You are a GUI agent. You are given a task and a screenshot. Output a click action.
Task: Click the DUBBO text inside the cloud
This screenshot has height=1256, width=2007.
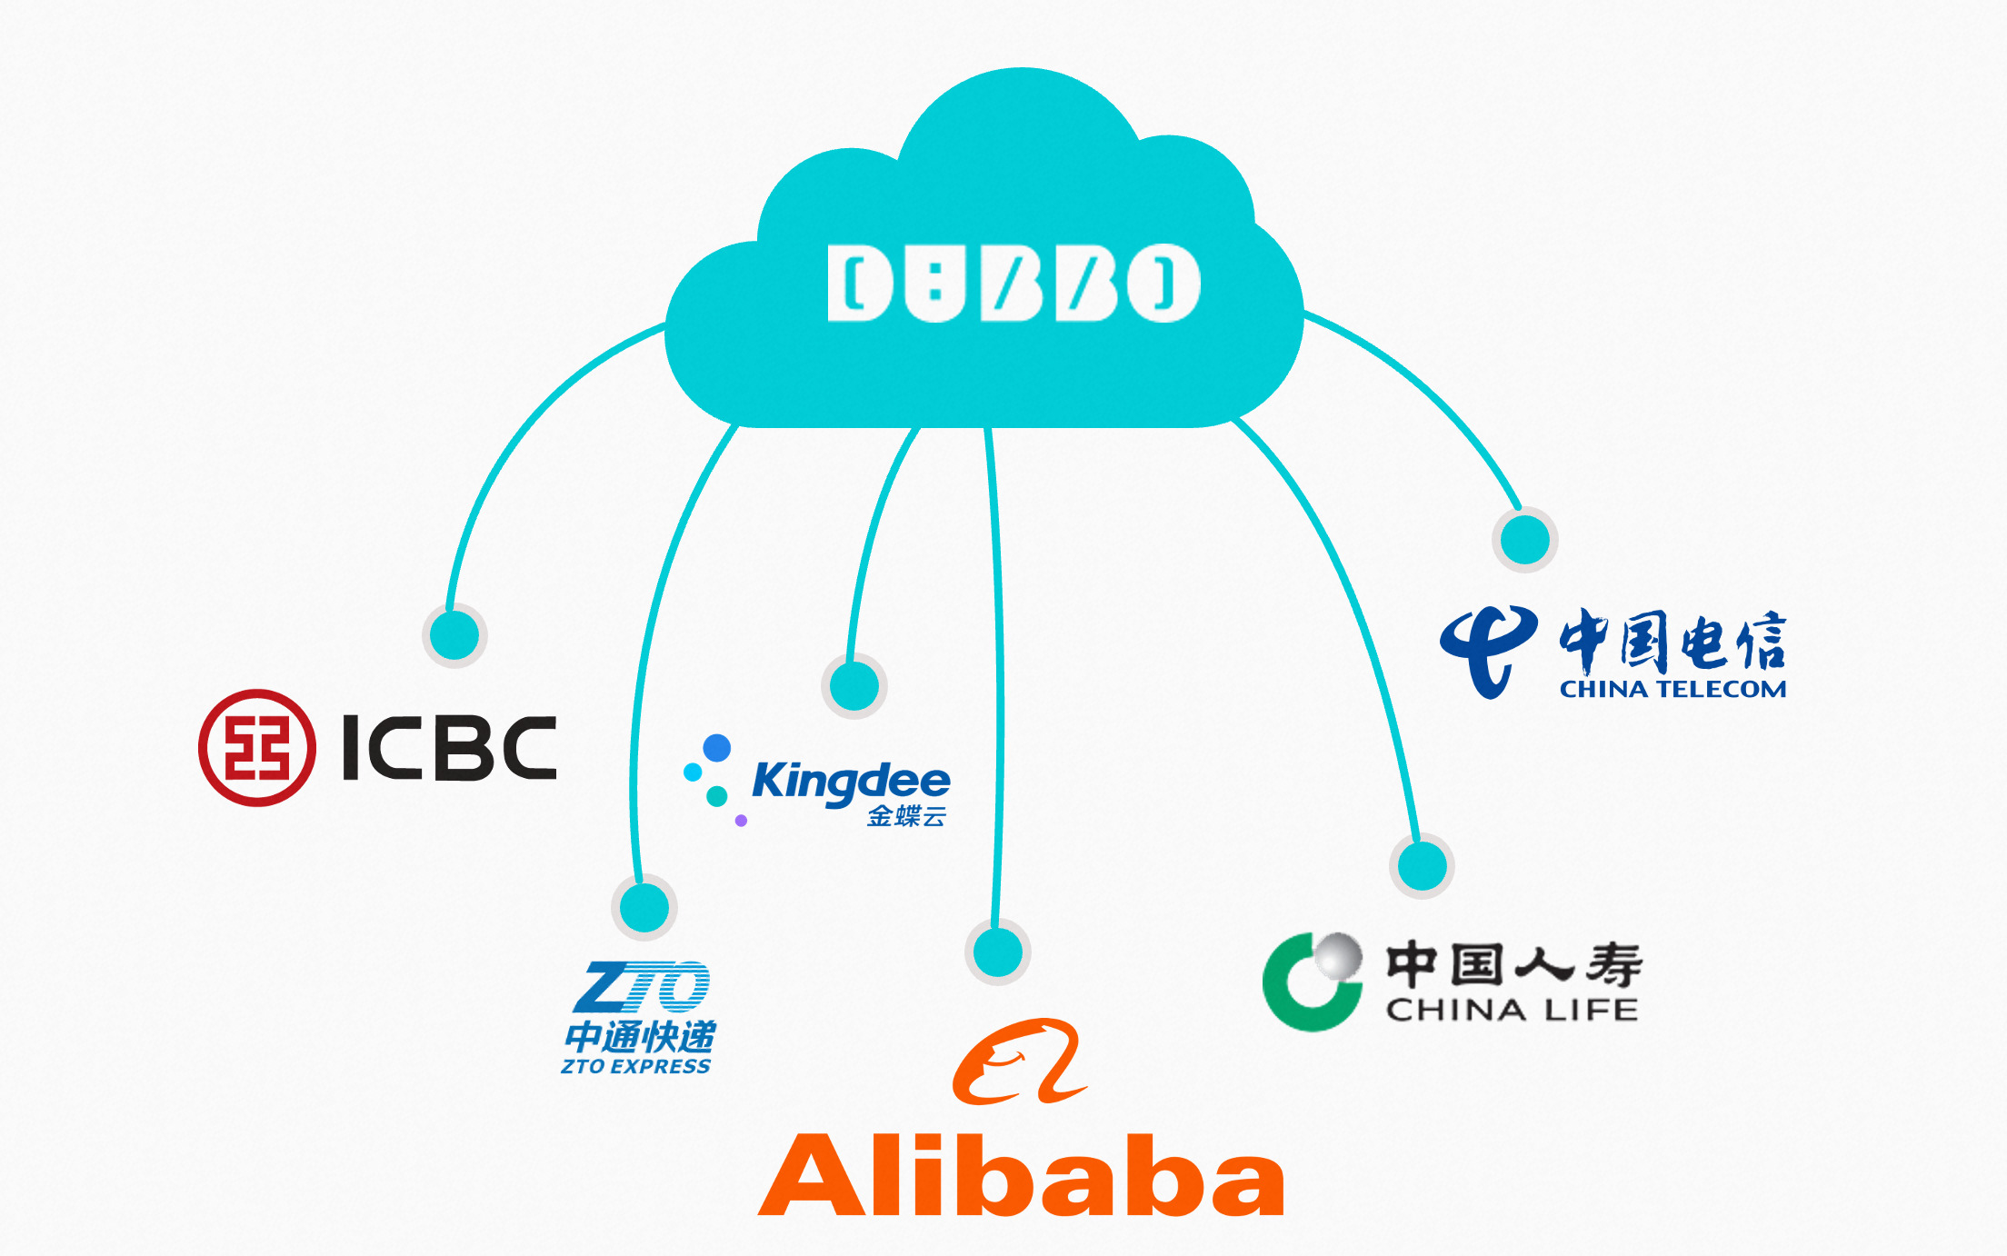click(1013, 283)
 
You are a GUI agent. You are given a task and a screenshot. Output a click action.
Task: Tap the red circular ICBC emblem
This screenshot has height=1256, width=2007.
click(257, 748)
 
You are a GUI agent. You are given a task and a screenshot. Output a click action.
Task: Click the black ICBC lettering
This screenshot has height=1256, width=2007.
click(449, 748)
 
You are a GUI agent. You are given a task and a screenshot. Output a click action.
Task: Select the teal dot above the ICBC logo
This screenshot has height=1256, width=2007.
click(454, 634)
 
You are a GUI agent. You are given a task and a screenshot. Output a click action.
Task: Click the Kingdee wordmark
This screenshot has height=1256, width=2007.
click(851, 782)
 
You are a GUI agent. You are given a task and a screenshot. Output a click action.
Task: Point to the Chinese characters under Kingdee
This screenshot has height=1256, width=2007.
click(906, 816)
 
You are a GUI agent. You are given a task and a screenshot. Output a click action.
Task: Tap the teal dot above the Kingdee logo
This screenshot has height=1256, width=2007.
click(854, 685)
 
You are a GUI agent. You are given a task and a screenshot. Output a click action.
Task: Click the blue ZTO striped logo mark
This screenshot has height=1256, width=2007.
click(642, 987)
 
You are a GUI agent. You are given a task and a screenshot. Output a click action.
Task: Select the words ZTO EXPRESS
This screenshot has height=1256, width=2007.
click(635, 1066)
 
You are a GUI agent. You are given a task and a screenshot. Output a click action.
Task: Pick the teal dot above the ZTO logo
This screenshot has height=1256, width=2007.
click(644, 907)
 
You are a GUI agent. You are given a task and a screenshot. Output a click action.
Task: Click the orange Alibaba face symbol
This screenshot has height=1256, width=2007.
click(1019, 1062)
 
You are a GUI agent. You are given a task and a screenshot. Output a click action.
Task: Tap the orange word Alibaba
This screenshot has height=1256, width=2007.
click(1021, 1176)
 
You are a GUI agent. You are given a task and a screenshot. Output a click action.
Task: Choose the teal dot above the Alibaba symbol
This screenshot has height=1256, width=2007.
click(998, 952)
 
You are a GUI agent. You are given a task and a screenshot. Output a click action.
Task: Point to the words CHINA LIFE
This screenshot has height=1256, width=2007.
click(1512, 1010)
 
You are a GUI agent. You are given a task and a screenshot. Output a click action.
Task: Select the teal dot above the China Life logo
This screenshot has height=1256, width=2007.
click(1423, 865)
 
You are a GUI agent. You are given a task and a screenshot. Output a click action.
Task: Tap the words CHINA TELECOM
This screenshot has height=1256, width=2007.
click(1672, 690)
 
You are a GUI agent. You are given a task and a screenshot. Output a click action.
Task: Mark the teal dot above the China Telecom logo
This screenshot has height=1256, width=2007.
click(1525, 540)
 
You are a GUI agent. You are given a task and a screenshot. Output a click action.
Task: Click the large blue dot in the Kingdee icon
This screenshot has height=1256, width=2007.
click(717, 748)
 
